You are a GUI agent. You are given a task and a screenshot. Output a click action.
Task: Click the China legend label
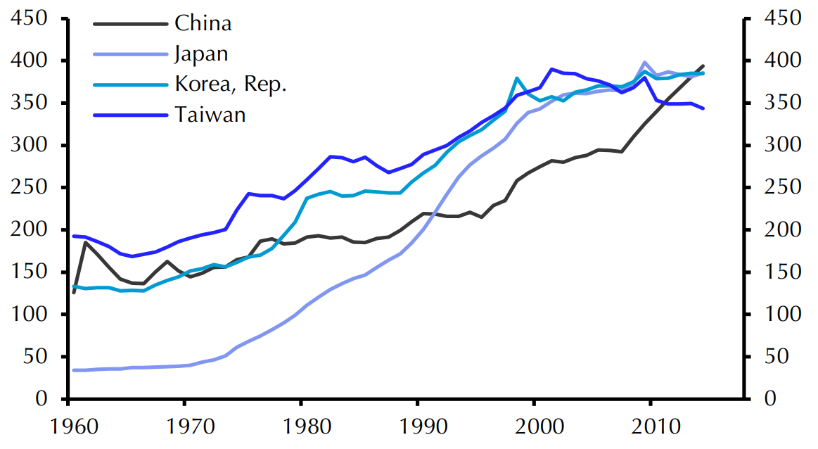pyautogui.click(x=203, y=23)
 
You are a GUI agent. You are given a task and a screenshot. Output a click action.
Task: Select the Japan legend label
pyautogui.click(x=200, y=54)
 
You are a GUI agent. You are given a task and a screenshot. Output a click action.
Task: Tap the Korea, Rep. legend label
pyautogui.click(x=231, y=84)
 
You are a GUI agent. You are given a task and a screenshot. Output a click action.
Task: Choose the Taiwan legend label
pyautogui.click(x=210, y=115)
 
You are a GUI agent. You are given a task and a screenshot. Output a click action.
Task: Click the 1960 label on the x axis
pyautogui.click(x=68, y=429)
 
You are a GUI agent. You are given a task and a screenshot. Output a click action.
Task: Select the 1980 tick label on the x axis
pyautogui.click(x=301, y=429)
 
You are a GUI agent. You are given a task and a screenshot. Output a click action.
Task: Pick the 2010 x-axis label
pyautogui.click(x=651, y=429)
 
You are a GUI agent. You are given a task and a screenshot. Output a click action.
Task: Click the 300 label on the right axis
pyautogui.click(x=784, y=146)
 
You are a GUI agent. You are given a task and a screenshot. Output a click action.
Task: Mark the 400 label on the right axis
pyautogui.click(x=784, y=61)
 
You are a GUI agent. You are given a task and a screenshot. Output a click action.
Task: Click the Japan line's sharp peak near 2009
pyautogui.click(x=645, y=63)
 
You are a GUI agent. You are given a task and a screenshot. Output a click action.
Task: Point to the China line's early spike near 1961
pyautogui.click(x=85, y=242)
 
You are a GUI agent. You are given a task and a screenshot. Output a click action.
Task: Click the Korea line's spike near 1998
pyautogui.click(x=517, y=78)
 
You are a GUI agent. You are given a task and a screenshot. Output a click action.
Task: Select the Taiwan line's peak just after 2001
pyautogui.click(x=552, y=69)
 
